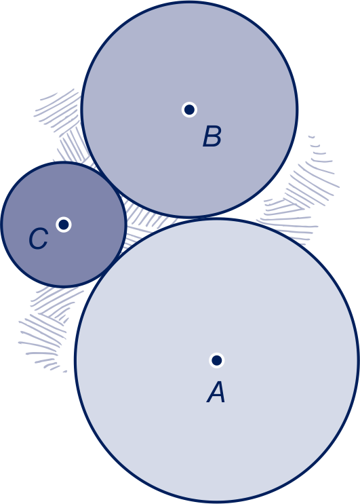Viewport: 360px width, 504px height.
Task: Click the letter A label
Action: [216, 393]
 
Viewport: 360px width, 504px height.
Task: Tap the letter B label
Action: [212, 136]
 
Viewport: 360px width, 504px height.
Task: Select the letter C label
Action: [38, 239]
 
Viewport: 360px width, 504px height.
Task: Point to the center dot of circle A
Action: [217, 360]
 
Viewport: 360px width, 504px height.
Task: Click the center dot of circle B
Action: [189, 110]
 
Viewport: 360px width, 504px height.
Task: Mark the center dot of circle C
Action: [64, 224]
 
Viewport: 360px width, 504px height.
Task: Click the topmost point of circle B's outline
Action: [189, 1]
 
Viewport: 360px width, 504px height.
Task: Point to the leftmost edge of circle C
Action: [1, 224]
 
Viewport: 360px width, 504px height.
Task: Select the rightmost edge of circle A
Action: [358, 360]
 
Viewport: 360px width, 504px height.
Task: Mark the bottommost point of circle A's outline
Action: [217, 502]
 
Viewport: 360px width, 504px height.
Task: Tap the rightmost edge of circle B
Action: [297, 110]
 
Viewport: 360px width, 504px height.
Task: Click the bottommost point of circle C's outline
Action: [64, 286]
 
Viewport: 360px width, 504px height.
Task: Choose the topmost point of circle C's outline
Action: [64, 163]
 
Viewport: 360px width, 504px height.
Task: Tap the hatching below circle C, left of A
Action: [48, 325]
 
